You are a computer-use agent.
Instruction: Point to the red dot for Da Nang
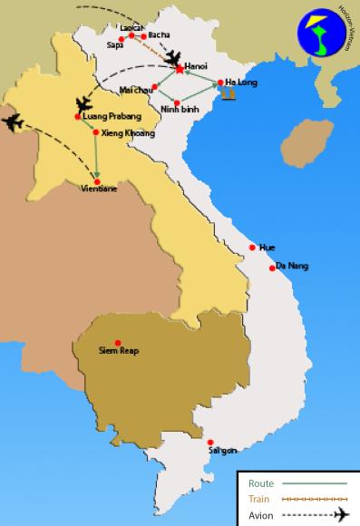[x=270, y=268]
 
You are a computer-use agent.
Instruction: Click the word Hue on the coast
[x=267, y=248]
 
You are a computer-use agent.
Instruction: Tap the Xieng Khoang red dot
[x=95, y=131]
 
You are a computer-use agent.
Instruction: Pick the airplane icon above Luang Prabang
[x=84, y=103]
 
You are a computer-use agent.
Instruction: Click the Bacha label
[x=159, y=34]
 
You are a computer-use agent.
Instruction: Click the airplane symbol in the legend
[x=341, y=514]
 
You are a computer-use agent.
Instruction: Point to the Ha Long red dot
[x=220, y=83]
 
